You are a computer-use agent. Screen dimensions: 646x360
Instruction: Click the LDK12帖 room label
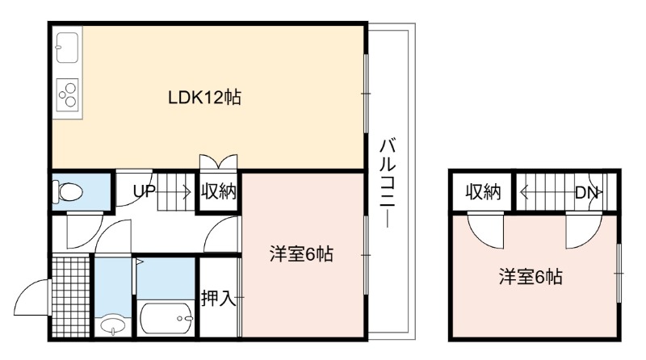(x=204, y=98)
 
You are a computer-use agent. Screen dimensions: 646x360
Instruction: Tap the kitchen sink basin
(x=67, y=48)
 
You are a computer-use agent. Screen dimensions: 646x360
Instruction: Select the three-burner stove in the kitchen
(x=67, y=94)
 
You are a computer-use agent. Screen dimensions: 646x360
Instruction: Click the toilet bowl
(x=68, y=192)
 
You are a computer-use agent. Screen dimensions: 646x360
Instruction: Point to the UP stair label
(x=145, y=190)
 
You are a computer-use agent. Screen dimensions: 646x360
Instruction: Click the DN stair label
(x=586, y=192)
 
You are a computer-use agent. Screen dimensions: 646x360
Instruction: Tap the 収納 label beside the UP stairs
(x=218, y=191)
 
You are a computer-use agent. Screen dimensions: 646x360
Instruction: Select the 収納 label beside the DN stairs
(x=483, y=192)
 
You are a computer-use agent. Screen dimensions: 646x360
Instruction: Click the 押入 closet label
(x=218, y=297)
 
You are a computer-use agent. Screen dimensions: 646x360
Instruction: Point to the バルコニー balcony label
(x=388, y=183)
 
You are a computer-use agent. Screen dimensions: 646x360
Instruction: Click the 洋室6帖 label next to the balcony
(x=301, y=254)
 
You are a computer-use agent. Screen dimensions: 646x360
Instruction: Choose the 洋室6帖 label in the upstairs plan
(x=531, y=276)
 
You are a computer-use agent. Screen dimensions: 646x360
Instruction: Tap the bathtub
(x=166, y=318)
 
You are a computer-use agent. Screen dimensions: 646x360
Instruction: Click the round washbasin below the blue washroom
(x=113, y=324)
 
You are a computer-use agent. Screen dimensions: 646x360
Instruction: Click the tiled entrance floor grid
(x=71, y=295)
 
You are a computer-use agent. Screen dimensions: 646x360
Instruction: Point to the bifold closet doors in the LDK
(x=218, y=161)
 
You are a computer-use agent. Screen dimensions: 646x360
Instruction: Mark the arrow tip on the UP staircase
(x=191, y=192)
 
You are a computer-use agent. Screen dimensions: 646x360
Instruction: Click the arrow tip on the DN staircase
(x=521, y=192)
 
